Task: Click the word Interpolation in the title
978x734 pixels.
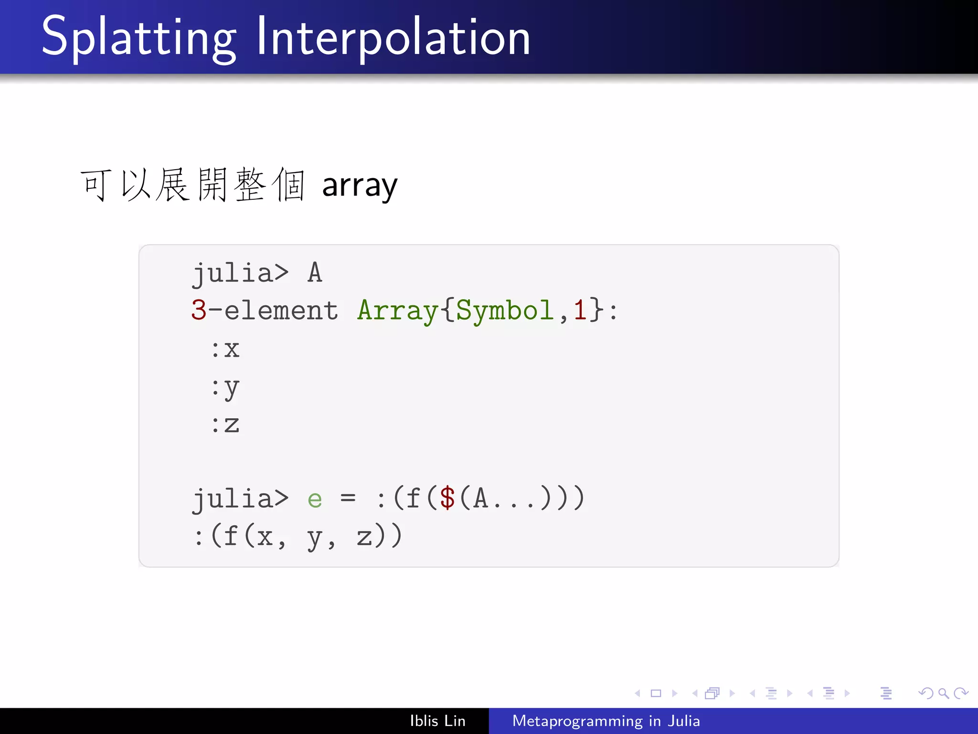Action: pos(393,37)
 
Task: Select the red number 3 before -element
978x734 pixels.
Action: pos(199,310)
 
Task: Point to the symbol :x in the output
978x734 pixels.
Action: pos(225,349)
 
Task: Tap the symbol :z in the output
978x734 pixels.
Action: pos(225,424)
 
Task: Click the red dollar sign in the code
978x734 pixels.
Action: pos(447,498)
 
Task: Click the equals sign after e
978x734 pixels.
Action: pos(348,498)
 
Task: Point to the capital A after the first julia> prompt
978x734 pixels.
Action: pos(315,273)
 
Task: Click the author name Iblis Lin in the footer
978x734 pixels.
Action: pos(437,721)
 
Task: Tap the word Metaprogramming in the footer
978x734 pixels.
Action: pos(577,721)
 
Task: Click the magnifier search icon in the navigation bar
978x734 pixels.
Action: pos(943,693)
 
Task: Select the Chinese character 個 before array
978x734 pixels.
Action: pos(288,185)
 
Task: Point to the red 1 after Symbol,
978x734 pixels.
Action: pos(580,310)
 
